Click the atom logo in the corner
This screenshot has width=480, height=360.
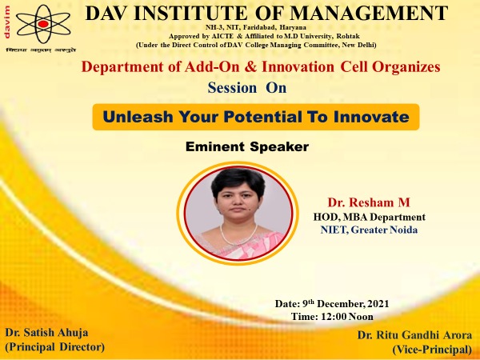[x=43, y=24]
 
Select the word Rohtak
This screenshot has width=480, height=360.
[x=348, y=36]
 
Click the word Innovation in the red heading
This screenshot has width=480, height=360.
[x=298, y=66]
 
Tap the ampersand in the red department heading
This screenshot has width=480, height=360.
[x=250, y=66]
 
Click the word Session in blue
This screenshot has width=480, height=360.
[x=232, y=88]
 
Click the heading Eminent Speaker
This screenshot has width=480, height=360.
[x=247, y=146]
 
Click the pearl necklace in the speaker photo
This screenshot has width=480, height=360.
[x=238, y=235]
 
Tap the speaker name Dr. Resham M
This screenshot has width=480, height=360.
[x=369, y=202]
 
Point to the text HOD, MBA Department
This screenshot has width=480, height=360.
[x=369, y=217]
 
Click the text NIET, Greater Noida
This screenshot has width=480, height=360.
[x=369, y=230]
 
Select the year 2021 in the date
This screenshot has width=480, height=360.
[x=378, y=304]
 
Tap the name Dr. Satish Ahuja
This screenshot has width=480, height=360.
[x=46, y=333]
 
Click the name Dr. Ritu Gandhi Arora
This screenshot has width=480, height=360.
[x=414, y=335]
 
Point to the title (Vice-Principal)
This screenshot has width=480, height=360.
[x=432, y=350]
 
